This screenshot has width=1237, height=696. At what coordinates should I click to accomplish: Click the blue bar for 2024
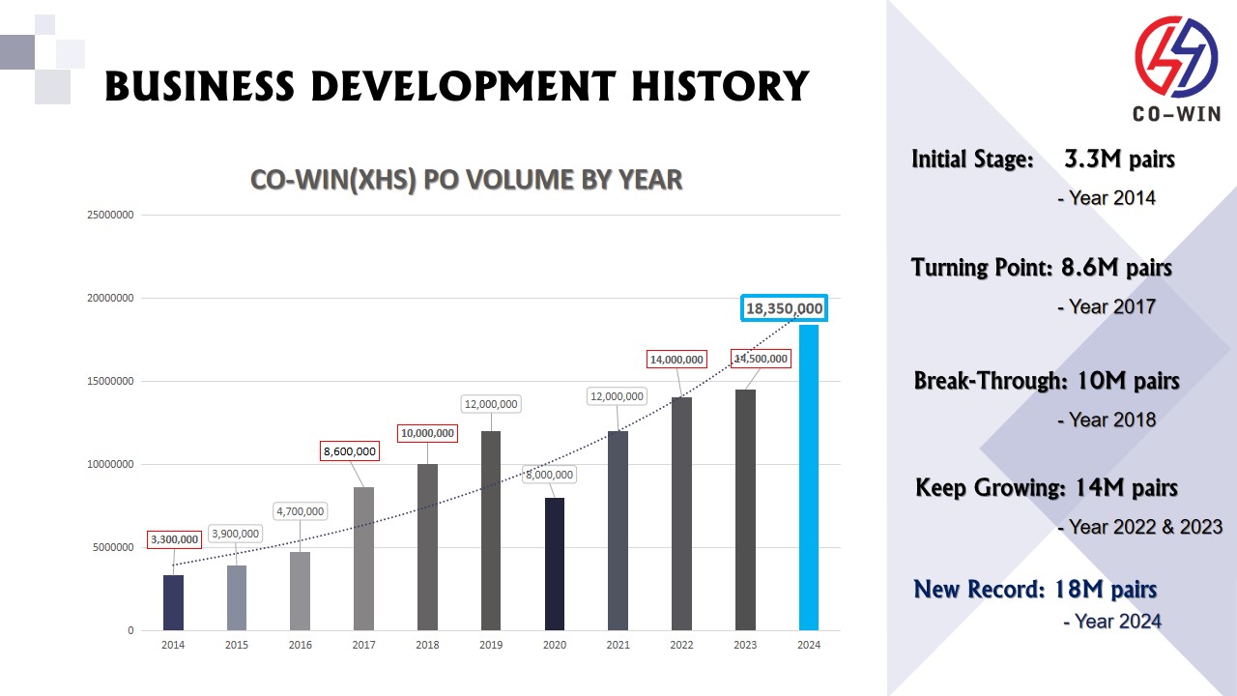click(x=809, y=478)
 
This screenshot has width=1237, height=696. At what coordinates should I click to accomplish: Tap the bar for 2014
click(x=173, y=602)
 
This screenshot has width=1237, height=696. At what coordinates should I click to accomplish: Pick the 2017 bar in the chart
click(x=364, y=559)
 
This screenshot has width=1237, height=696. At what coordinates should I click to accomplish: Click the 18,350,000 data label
click(x=784, y=308)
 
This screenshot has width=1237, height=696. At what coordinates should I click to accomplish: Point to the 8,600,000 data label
click(x=350, y=451)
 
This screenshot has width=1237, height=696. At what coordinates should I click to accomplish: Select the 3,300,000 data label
click(x=174, y=539)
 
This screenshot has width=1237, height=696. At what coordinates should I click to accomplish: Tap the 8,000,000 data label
click(x=549, y=475)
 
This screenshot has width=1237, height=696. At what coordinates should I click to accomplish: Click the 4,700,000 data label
click(x=300, y=511)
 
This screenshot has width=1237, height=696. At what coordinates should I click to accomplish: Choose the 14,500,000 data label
click(x=760, y=359)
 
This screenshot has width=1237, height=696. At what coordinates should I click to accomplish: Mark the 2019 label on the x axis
click(x=491, y=646)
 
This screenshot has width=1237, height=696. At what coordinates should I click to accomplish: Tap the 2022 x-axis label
click(x=681, y=646)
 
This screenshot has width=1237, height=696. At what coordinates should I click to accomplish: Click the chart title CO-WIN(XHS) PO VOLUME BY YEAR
click(x=466, y=180)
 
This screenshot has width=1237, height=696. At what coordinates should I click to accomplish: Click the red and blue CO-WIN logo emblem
click(x=1175, y=58)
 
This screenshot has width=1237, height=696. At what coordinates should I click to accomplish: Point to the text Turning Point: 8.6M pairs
click(x=1042, y=268)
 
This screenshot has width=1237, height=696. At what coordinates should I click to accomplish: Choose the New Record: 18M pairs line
click(x=1035, y=590)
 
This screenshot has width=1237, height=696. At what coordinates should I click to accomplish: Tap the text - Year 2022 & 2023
click(x=1140, y=527)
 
